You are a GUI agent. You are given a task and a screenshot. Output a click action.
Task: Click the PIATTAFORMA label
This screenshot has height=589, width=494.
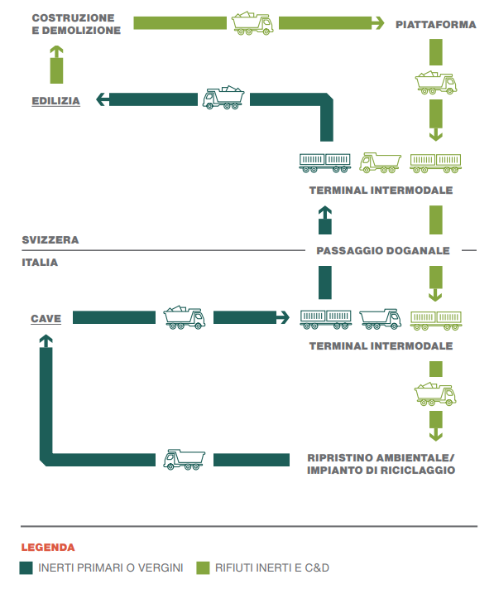436,25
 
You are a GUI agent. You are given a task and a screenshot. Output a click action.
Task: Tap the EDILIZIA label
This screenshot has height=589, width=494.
56,101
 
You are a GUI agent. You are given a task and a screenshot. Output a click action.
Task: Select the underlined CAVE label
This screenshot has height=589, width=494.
46,319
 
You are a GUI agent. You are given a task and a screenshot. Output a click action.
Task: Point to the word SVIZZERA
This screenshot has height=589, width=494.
50,240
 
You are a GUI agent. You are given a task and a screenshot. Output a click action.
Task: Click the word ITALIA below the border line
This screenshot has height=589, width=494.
40,263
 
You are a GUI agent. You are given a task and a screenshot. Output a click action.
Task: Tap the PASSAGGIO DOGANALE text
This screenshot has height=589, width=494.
383,250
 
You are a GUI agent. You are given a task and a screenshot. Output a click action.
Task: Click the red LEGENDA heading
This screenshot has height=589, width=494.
48,548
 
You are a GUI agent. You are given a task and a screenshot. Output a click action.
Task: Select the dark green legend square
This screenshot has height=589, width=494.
26,568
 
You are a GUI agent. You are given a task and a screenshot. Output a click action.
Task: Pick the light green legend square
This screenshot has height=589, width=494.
203,568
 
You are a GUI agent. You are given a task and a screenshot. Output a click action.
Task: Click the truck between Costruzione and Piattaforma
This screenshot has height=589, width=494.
252,23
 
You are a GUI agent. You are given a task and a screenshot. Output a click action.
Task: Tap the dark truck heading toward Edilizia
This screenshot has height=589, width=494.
223,98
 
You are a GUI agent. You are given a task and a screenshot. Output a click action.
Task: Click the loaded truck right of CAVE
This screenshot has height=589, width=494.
185,317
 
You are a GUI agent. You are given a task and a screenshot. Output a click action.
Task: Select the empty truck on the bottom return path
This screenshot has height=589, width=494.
185,460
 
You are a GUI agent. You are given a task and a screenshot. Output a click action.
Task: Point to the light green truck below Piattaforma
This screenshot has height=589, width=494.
436,83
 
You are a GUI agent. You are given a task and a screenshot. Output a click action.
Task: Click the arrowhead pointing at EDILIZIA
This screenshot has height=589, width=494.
103,99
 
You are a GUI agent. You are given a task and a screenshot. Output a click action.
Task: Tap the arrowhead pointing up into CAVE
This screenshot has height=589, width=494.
46,340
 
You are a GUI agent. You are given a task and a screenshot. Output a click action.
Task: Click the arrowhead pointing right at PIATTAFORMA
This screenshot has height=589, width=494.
378,23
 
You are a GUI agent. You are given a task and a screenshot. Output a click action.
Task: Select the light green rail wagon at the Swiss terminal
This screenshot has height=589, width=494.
435,163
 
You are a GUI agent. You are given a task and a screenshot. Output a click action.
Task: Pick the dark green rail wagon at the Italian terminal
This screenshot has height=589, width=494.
325,320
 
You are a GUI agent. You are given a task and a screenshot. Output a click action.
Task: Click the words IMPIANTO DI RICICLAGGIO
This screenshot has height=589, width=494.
381,471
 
